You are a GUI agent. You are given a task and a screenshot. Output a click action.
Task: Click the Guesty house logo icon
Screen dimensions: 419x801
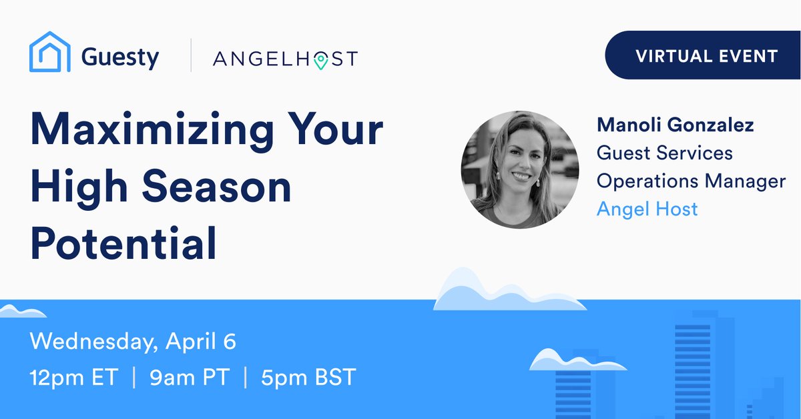(50, 52)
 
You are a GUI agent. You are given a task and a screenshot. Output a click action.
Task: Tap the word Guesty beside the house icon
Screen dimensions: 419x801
(120, 57)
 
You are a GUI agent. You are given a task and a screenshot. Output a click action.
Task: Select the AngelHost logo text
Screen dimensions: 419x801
(285, 59)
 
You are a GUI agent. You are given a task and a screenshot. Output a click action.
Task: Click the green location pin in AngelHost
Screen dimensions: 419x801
(321, 61)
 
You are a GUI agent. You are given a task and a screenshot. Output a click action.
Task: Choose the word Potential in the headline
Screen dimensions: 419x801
(123, 244)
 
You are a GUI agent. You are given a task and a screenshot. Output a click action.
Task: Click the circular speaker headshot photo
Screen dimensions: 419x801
(520, 169)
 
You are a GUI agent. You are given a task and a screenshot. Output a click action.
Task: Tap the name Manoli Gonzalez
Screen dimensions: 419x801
(675, 124)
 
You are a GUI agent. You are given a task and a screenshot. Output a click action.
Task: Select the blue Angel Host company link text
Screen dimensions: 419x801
(647, 209)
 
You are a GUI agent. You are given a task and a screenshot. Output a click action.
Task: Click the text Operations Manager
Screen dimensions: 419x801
(691, 181)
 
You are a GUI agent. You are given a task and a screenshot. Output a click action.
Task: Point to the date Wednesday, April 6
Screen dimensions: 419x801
(133, 342)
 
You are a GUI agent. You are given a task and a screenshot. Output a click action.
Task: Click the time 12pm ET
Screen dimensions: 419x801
(73, 378)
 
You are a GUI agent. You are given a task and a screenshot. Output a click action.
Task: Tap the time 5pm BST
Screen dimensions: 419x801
(308, 378)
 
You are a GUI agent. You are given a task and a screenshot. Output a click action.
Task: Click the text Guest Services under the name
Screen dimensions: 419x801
(664, 153)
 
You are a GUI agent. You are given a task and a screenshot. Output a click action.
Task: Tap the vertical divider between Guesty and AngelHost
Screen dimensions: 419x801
(192, 55)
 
